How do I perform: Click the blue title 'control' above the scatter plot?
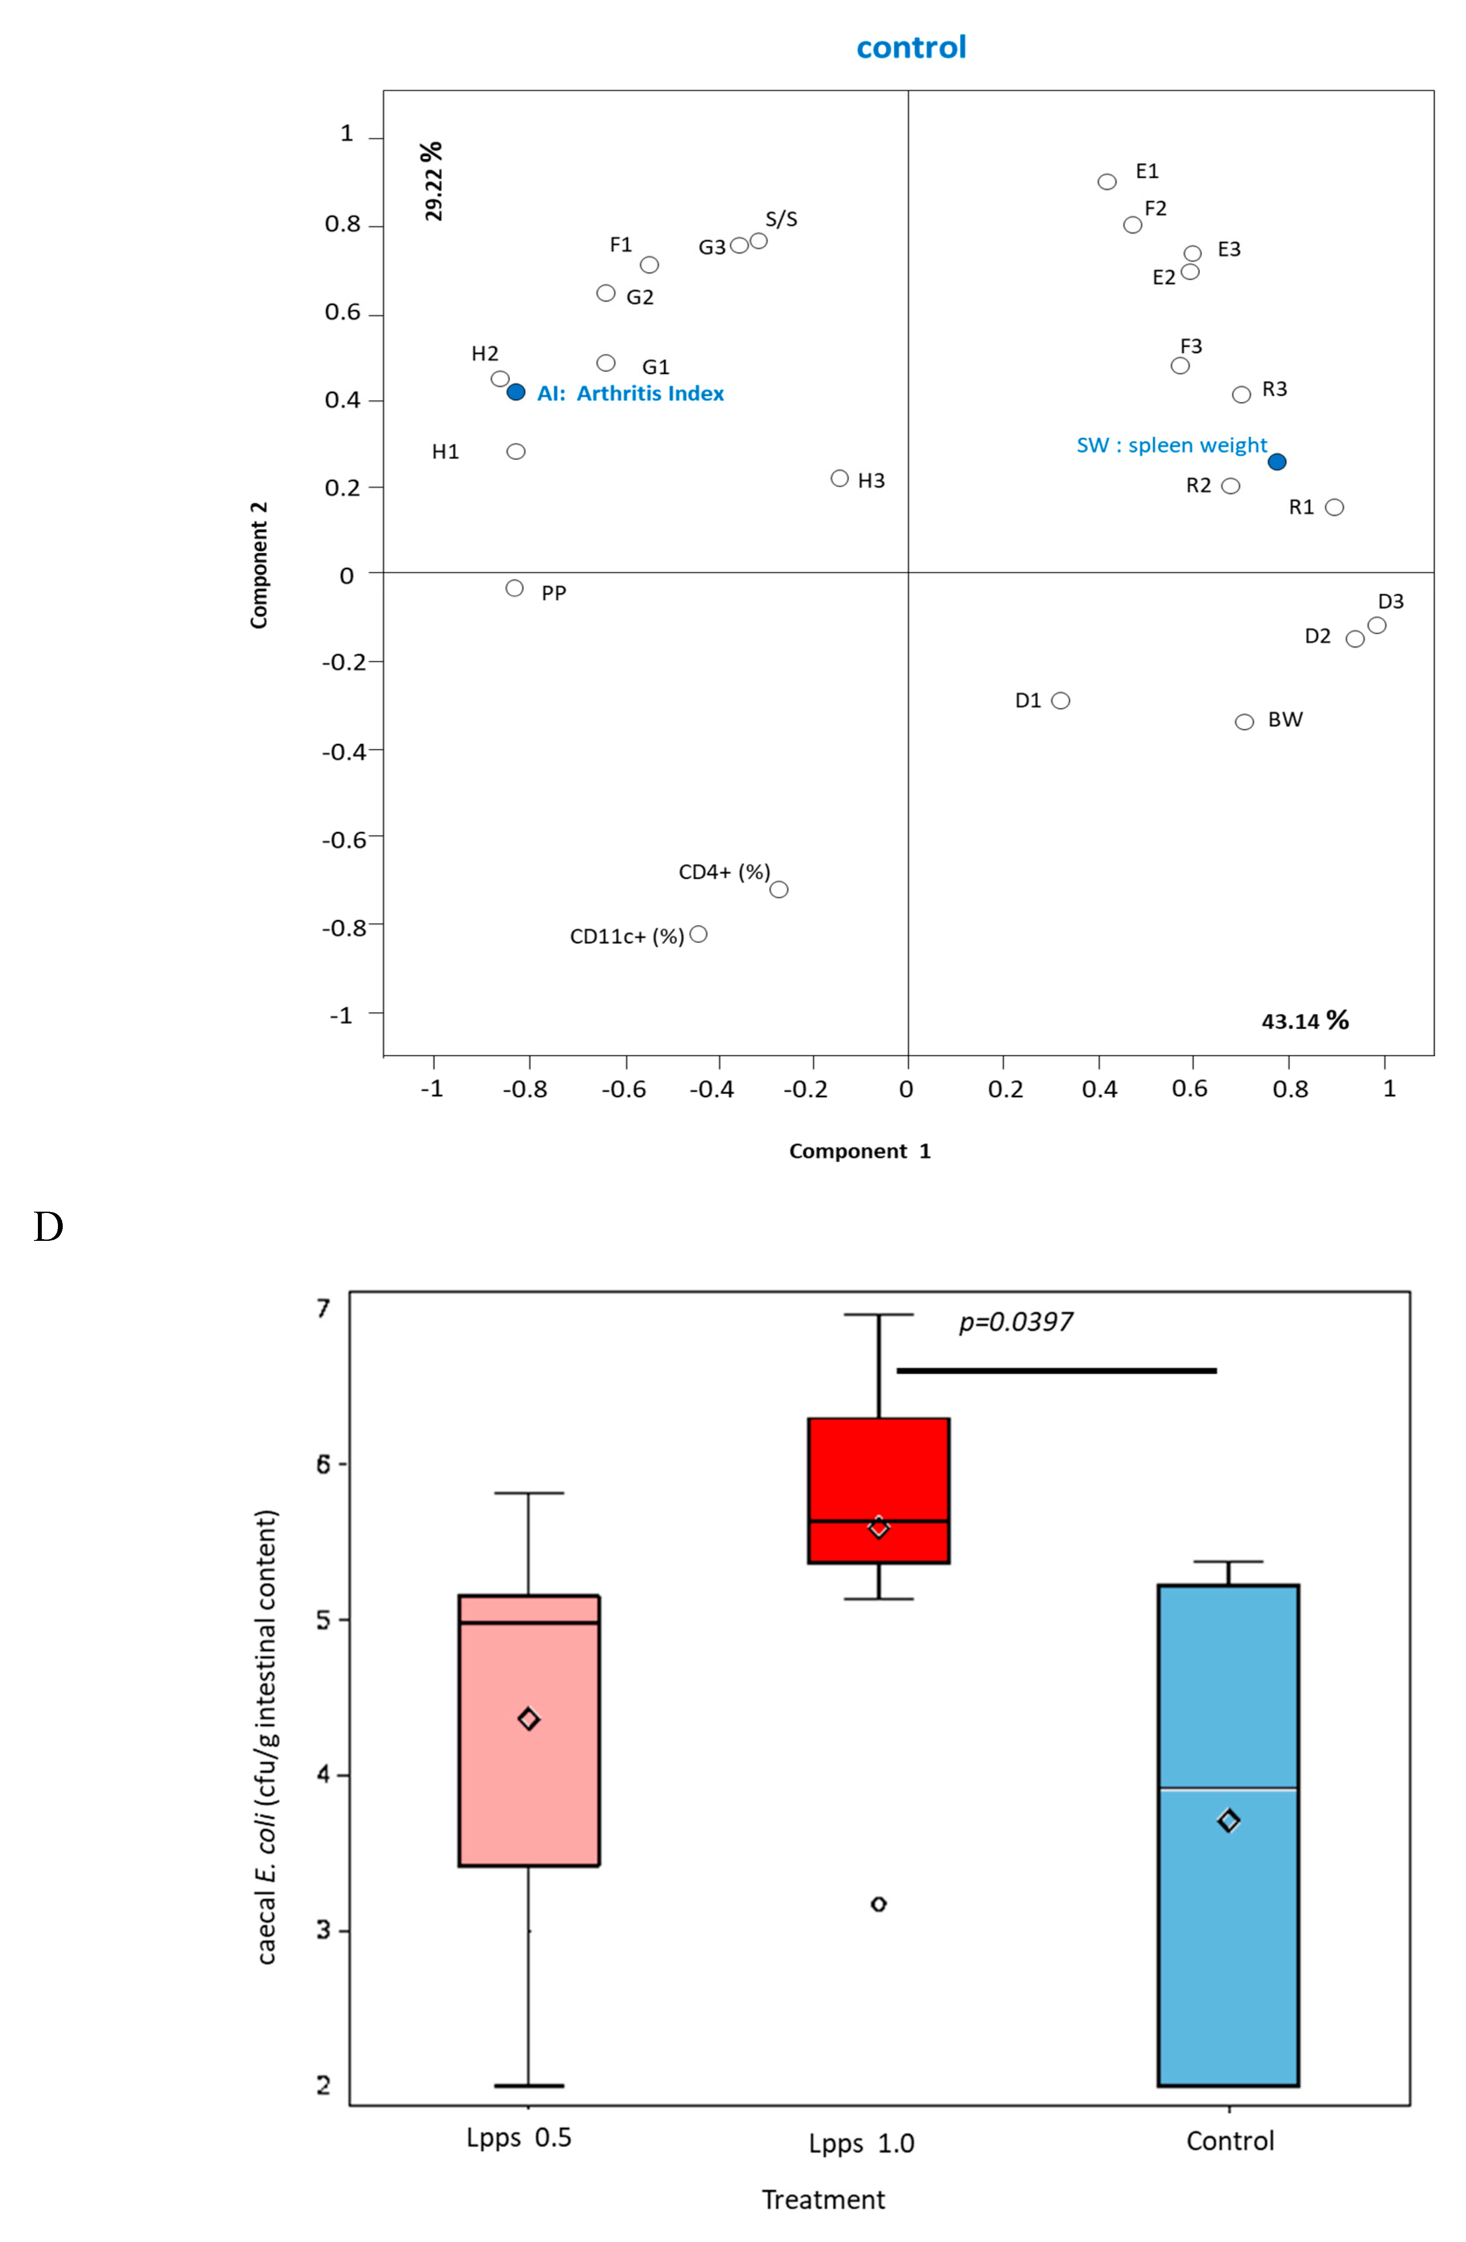(911, 47)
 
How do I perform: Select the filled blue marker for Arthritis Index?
(516, 392)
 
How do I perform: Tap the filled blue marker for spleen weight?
(1277, 462)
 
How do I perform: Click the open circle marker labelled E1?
(1107, 182)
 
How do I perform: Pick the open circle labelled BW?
(1245, 722)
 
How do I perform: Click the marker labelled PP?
(514, 588)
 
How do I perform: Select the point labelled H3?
(840, 479)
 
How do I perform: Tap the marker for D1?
(1060, 701)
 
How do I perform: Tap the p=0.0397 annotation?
(1016, 1323)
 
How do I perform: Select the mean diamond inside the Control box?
(1229, 1821)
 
